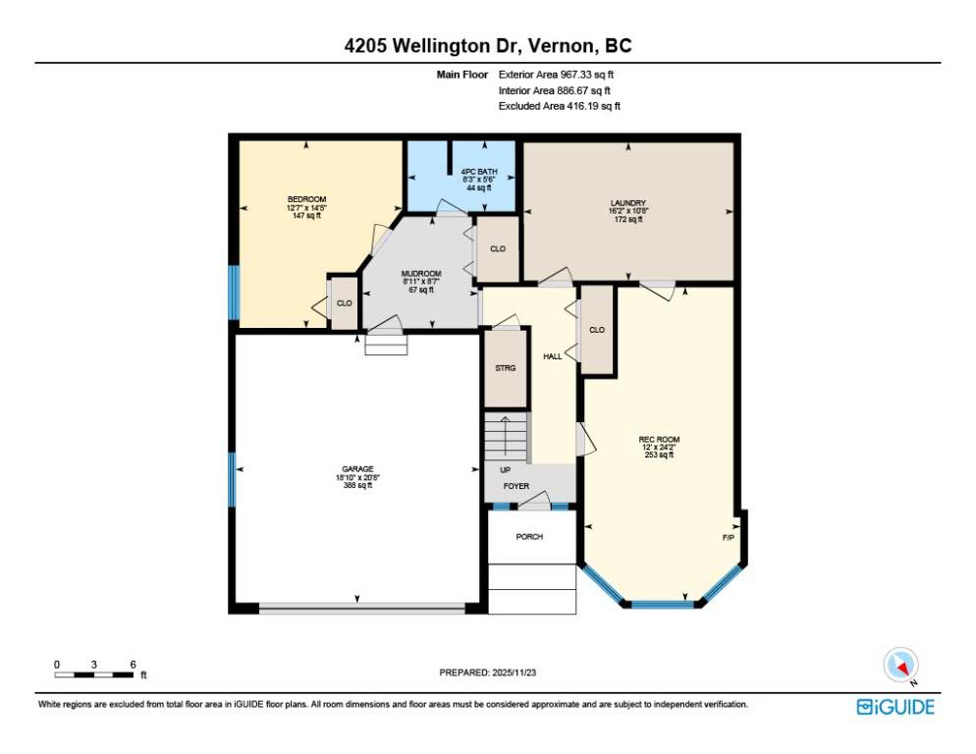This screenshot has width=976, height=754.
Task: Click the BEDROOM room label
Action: pyautogui.click(x=306, y=199)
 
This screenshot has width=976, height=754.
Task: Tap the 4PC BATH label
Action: pyautogui.click(x=478, y=171)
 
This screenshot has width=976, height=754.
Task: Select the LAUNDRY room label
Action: pyautogui.click(x=628, y=203)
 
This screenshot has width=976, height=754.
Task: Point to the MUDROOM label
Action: pyautogui.click(x=421, y=273)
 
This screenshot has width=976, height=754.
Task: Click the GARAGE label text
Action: pyautogui.click(x=357, y=469)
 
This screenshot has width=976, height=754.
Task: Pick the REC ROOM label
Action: pyautogui.click(x=659, y=439)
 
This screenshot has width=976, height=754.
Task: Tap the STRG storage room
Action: pyautogui.click(x=506, y=367)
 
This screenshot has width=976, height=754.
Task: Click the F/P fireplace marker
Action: pyautogui.click(x=728, y=537)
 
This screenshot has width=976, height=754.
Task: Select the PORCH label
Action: pyautogui.click(x=529, y=536)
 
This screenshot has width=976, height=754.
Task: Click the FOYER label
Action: pyautogui.click(x=516, y=486)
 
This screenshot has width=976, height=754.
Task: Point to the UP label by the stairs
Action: pyautogui.click(x=505, y=469)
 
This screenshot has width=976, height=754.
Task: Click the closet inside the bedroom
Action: pyautogui.click(x=344, y=303)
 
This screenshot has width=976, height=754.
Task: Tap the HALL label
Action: pyautogui.click(x=552, y=356)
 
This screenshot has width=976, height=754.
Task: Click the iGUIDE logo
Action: pyautogui.click(x=895, y=707)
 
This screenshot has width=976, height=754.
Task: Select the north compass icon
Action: pyautogui.click(x=900, y=665)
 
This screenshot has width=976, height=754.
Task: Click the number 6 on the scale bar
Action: pyautogui.click(x=133, y=665)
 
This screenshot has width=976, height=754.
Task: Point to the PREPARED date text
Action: pyautogui.click(x=487, y=673)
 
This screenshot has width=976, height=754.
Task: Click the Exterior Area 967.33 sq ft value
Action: pyautogui.click(x=556, y=75)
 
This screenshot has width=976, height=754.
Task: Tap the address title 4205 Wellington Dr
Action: pyautogui.click(x=434, y=45)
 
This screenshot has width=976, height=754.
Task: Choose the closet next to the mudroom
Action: pyautogui.click(x=498, y=248)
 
